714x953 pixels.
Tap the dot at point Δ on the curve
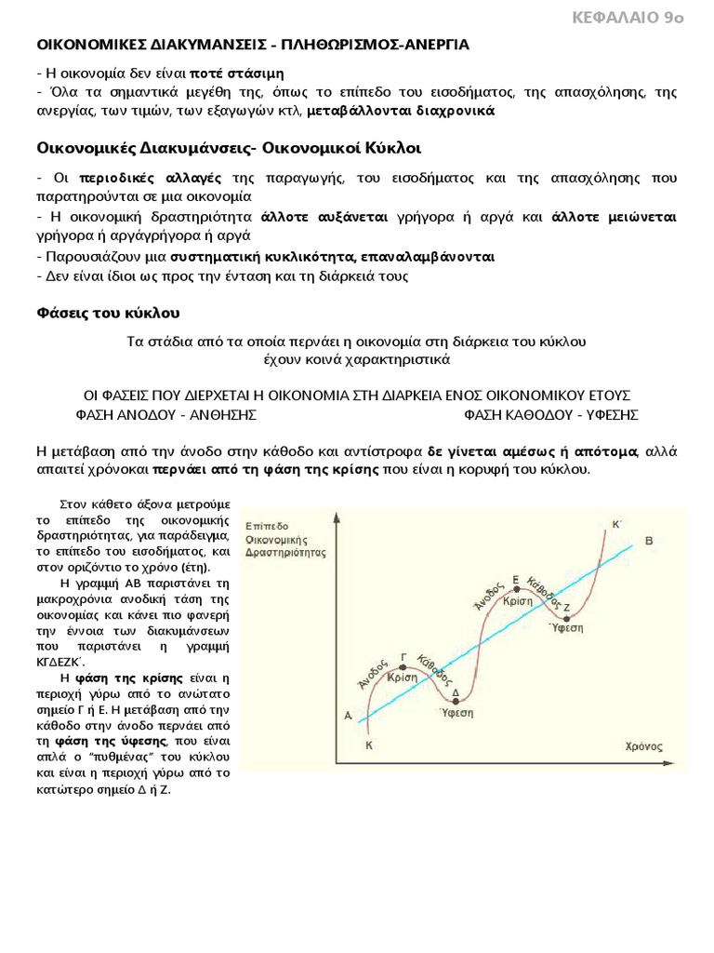pyautogui.click(x=455, y=701)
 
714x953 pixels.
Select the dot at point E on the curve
pyautogui.click(x=515, y=590)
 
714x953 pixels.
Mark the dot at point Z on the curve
pyautogui.click(x=565, y=615)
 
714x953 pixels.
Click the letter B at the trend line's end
pyautogui.click(x=649, y=541)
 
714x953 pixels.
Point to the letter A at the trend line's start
pyautogui.click(x=347, y=716)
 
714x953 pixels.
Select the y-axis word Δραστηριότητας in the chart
pyautogui.click(x=285, y=551)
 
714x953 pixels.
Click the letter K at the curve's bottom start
pyautogui.click(x=369, y=745)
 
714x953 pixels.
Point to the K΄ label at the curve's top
pyautogui.click(x=616, y=524)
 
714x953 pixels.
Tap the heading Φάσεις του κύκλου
pyautogui.click(x=108, y=312)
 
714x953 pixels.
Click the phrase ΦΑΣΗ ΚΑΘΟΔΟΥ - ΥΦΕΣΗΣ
pyautogui.click(x=550, y=414)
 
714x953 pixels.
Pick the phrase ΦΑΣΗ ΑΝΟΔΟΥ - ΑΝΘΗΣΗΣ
pyautogui.click(x=165, y=414)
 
